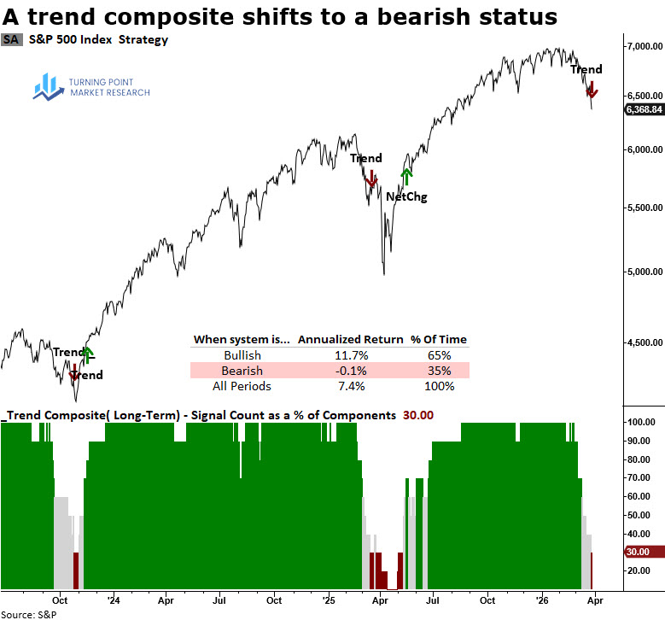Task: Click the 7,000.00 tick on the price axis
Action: [x=645, y=45]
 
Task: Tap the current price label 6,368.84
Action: [x=645, y=109]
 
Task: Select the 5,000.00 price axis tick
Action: [x=645, y=272]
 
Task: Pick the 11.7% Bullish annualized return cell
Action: [x=349, y=354]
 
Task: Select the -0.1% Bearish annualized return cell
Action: [x=349, y=371]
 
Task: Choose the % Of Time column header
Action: [x=438, y=339]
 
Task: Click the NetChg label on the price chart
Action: [x=406, y=197]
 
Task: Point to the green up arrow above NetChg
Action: [x=406, y=174]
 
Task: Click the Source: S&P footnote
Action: [x=29, y=614]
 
